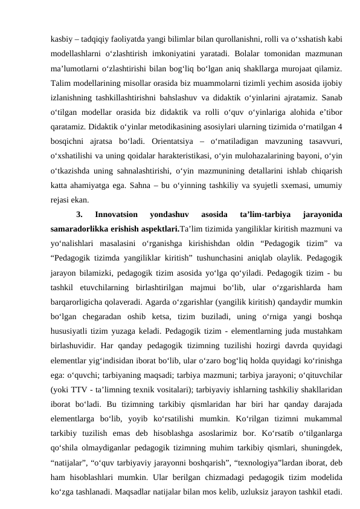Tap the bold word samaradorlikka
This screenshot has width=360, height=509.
click(x=82, y=230)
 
